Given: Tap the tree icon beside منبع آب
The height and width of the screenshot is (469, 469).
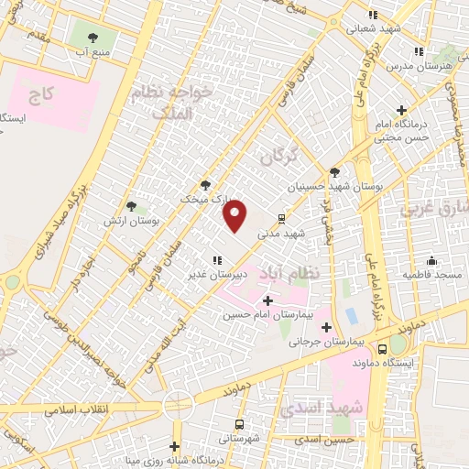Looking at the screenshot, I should [x=93, y=38].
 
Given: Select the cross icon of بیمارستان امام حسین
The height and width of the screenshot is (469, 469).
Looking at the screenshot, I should [x=267, y=300].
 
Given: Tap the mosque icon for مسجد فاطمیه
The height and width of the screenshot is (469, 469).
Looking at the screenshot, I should [x=431, y=261].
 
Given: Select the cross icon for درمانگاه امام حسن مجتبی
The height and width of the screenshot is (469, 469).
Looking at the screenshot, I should [x=401, y=111].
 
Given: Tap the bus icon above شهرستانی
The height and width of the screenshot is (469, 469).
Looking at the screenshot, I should [x=239, y=424].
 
